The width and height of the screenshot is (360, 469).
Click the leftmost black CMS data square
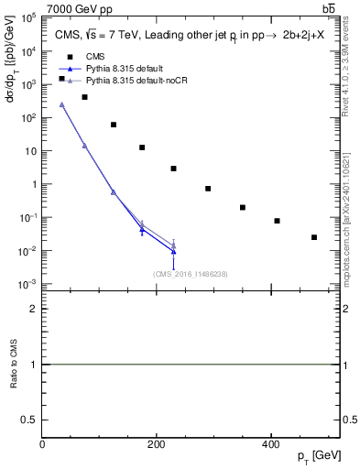(x=61, y=79)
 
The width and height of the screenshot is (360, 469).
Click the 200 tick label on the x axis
(x=157, y=444)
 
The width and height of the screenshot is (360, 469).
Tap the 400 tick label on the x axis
(x=270, y=444)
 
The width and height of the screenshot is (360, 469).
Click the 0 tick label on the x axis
(x=43, y=444)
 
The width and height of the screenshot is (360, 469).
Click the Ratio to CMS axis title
(x=14, y=365)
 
